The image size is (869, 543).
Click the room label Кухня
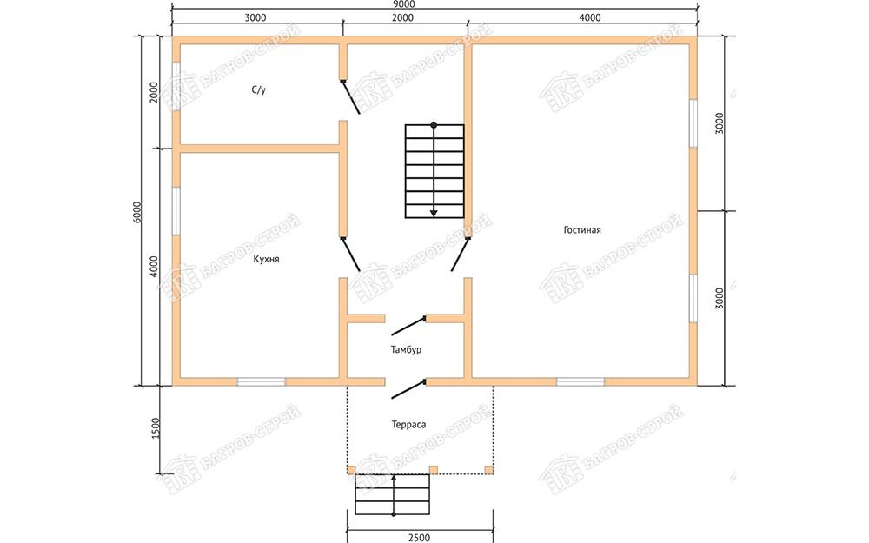point(266,259)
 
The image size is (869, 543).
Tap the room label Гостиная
point(582,229)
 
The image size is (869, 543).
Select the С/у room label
point(258,89)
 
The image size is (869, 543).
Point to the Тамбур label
point(406,349)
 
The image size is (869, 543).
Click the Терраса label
point(408,425)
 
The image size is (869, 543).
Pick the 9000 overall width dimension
point(403,3)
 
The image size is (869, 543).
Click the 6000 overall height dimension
point(138,212)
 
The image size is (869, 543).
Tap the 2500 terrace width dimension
point(419,537)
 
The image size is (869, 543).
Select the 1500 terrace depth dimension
point(155,427)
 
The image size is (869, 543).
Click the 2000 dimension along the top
point(403,17)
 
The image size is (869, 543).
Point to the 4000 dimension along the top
point(590,17)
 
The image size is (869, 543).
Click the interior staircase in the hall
point(434,170)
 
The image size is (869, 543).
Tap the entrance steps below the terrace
point(393,495)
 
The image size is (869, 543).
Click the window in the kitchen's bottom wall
point(261,381)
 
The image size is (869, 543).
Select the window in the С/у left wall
point(176,86)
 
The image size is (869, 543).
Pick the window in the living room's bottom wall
point(580,381)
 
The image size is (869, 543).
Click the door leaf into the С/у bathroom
point(351,97)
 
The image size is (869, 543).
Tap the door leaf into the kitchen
point(351,255)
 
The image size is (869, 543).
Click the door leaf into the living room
point(461,255)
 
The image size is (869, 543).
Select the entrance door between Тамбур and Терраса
point(409,389)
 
